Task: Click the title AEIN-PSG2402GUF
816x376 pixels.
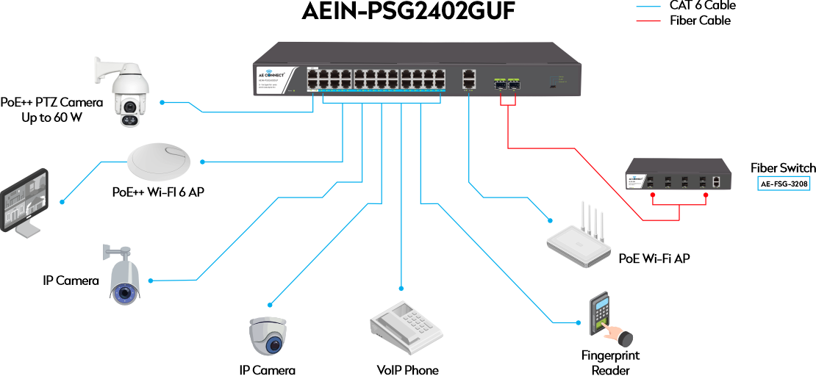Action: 408,12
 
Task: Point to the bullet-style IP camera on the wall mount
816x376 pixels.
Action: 123,276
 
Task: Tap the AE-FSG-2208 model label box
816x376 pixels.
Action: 784,184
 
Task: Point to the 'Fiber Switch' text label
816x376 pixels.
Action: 783,168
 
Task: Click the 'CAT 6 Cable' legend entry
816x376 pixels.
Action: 703,6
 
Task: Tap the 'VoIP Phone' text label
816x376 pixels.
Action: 407,370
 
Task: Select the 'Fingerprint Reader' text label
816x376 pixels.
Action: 611,362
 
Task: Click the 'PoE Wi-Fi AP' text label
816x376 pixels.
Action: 654,258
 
